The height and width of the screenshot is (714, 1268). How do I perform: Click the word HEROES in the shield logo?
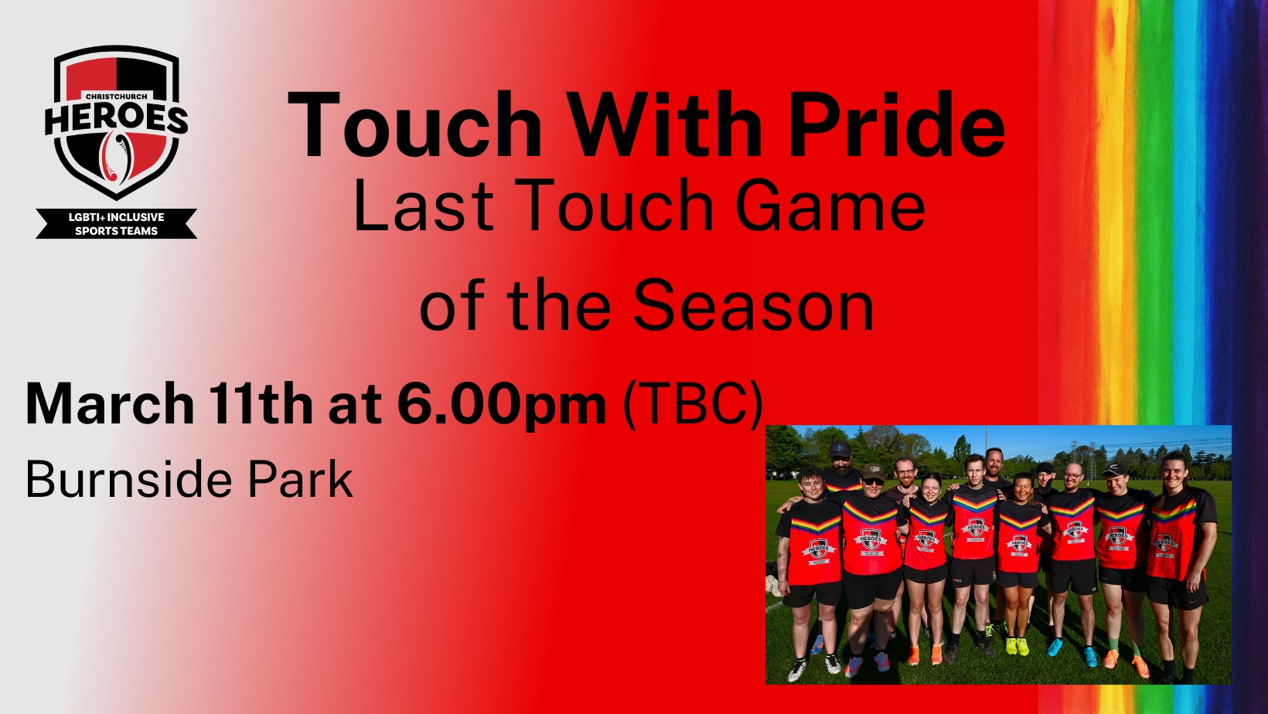tap(117, 119)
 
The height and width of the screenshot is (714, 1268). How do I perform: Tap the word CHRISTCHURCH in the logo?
tap(117, 97)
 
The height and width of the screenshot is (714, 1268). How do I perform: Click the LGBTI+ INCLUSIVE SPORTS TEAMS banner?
tap(117, 223)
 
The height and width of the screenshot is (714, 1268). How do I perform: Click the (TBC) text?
tap(693, 405)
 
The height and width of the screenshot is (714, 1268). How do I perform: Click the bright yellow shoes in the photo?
tap(1017, 645)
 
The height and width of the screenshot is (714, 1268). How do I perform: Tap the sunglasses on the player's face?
tap(872, 481)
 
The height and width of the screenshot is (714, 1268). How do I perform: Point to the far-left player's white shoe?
tap(797, 671)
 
